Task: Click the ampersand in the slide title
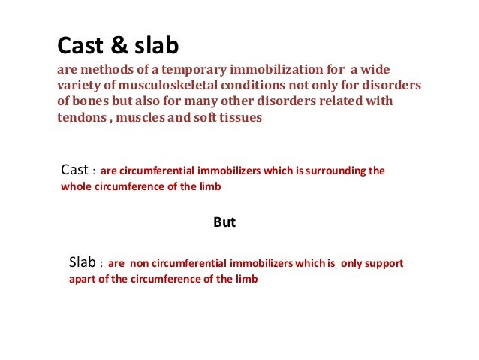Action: click(119, 47)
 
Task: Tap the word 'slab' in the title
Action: click(156, 47)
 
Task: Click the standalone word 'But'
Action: click(225, 222)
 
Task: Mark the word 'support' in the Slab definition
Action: click(384, 265)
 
